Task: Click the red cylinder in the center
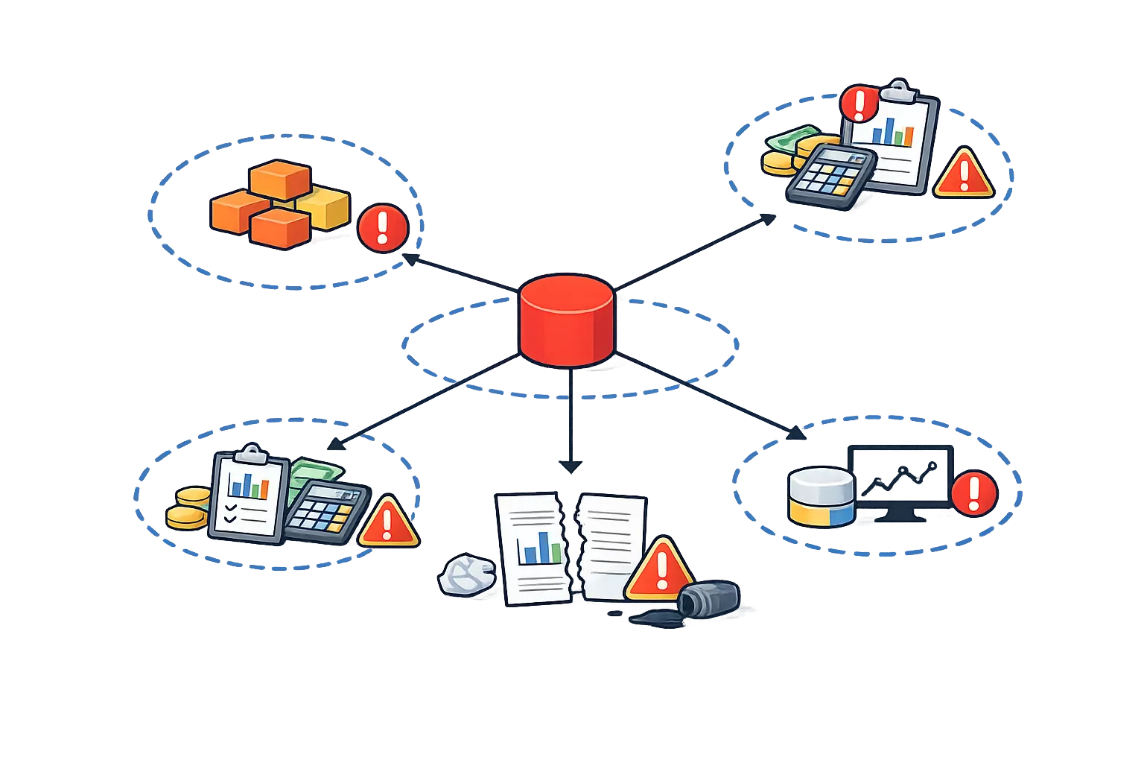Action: (566, 320)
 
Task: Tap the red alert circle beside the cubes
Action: (383, 228)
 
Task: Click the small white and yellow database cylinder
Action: (821, 496)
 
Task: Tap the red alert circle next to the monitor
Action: (974, 492)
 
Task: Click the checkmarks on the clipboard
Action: (231, 513)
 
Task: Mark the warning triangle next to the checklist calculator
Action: (387, 522)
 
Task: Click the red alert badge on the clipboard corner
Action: (859, 104)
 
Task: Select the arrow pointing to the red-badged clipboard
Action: (693, 252)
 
